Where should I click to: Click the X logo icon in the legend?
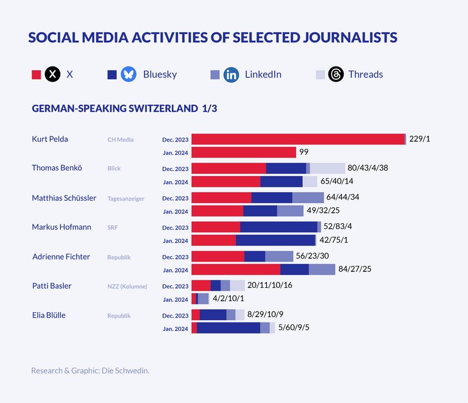pos(53,75)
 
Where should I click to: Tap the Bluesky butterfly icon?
pos(129,75)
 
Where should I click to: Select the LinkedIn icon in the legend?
pos(231,75)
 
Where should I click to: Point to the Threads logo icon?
pos(336,75)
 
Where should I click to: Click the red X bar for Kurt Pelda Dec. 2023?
pos(298,139)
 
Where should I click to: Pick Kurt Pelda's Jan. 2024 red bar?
pos(244,152)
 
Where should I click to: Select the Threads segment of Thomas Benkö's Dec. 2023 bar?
pos(327,168)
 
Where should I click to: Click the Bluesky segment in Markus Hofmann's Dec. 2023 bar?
pos(278,227)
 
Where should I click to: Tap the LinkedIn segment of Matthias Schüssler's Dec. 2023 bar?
pos(308,198)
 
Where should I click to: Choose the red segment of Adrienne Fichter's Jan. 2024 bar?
pos(236,269)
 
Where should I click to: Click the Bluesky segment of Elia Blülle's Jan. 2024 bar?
pos(229,328)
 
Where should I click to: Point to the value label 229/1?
pos(420,139)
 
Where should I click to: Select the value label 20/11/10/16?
pos(270,285)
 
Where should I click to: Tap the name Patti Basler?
pos(51,285)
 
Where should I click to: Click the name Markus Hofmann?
pos(62,227)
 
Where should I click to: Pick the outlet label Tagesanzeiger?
pos(126,198)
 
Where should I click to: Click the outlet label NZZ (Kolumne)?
pos(127,286)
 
